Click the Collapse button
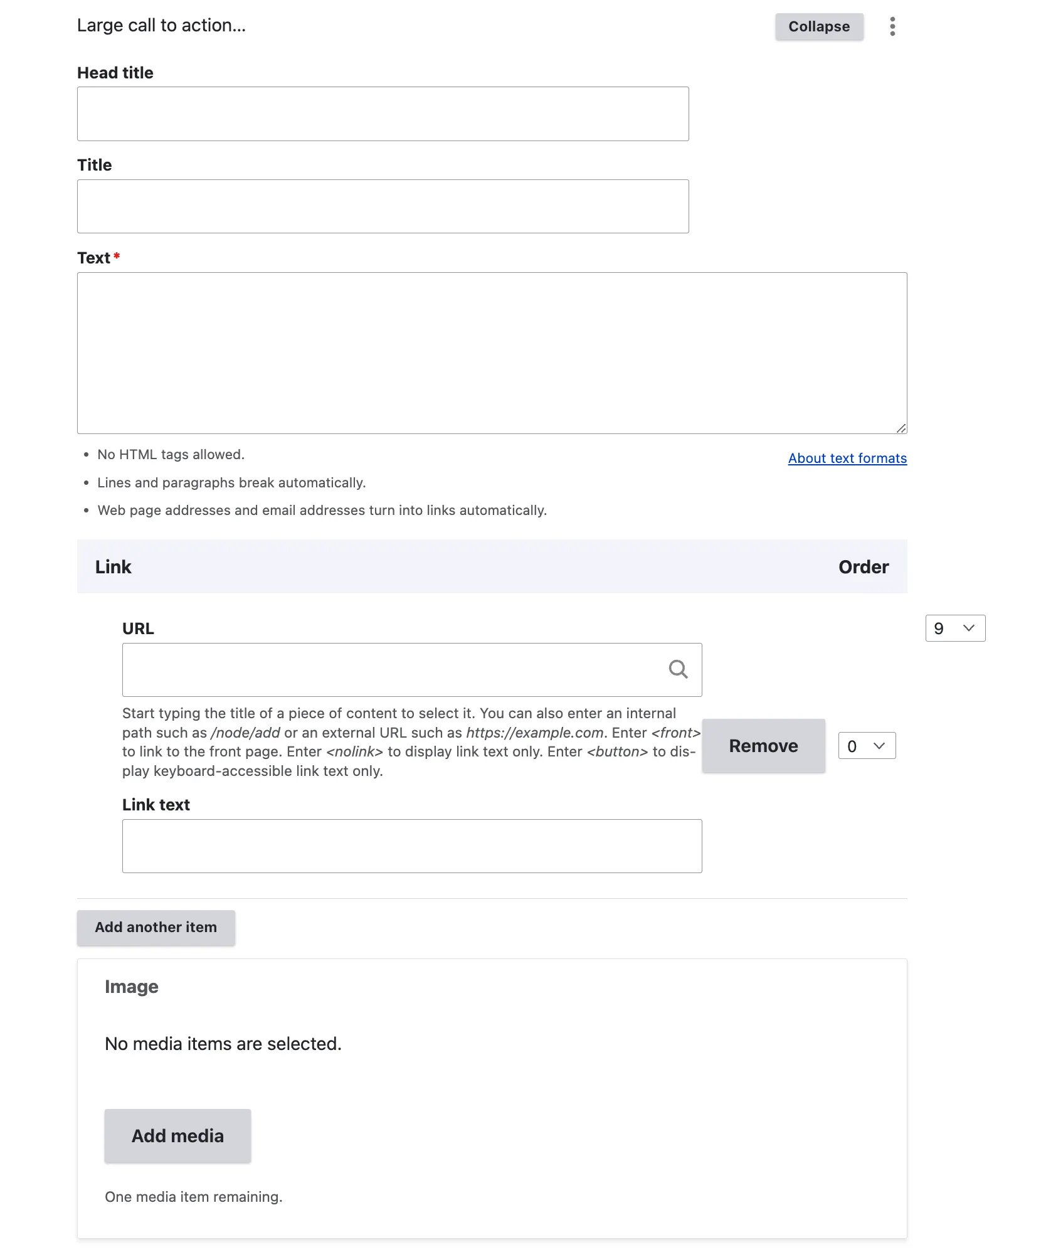click(818, 26)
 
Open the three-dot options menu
click(892, 26)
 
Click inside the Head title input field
click(383, 114)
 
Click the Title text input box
click(383, 206)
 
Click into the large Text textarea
click(492, 353)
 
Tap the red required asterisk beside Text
click(117, 256)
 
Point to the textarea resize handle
click(901, 428)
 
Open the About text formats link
click(847, 459)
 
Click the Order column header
click(863, 567)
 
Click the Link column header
click(114, 567)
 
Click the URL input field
click(392, 669)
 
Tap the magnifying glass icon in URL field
click(678, 669)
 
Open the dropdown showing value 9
click(954, 628)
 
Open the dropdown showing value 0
click(867, 746)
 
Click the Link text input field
click(411, 846)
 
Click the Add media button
click(177, 1135)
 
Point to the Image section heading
click(132, 987)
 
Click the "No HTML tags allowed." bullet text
click(171, 455)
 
